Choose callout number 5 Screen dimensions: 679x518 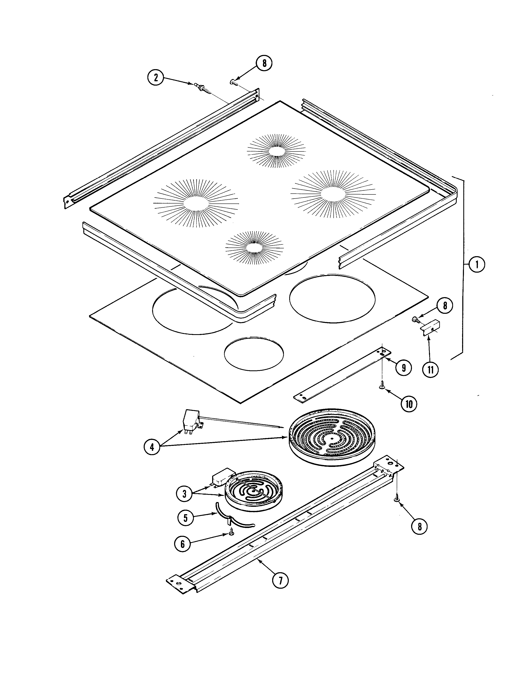[x=186, y=518]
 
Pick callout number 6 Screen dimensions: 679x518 [x=183, y=544]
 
